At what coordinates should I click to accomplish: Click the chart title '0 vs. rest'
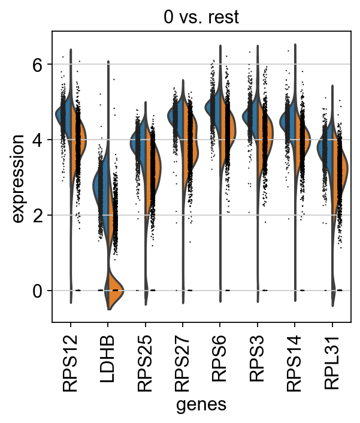pyautogui.click(x=201, y=17)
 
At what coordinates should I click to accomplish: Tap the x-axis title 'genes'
pyautogui.click(x=201, y=405)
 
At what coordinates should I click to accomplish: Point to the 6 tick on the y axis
pyautogui.click(x=38, y=64)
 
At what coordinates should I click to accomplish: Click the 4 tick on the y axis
pyautogui.click(x=38, y=140)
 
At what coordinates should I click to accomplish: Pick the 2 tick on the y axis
pyautogui.click(x=38, y=215)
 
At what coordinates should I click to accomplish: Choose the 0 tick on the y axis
pyautogui.click(x=38, y=291)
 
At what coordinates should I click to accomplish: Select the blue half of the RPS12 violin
pyautogui.click(x=64, y=114)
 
